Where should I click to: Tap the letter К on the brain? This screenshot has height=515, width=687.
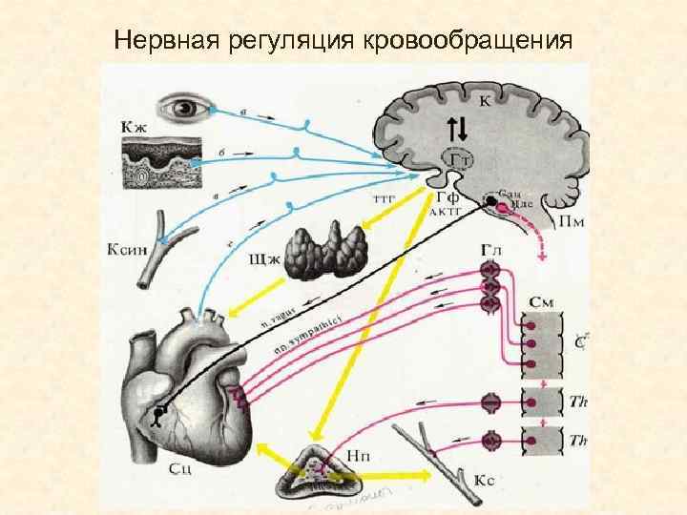pyautogui.click(x=486, y=99)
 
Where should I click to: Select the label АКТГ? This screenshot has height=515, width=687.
pyautogui.click(x=446, y=212)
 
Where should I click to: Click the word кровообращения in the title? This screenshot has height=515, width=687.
pyautogui.click(x=468, y=41)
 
